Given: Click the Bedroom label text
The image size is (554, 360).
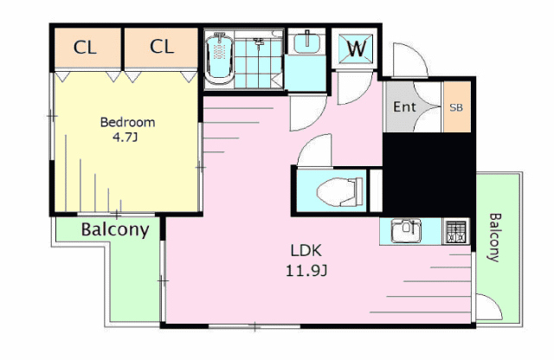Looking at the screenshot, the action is point(127,122).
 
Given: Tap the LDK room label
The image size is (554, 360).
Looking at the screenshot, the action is point(306,250).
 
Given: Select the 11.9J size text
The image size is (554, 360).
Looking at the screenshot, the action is point(306,271).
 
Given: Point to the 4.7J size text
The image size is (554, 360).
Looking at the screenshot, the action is point(125,138).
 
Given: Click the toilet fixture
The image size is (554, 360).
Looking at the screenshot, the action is point(339,191).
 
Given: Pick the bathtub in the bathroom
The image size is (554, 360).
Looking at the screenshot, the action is point(219,59).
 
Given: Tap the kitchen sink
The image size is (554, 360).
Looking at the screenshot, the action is point(406,231).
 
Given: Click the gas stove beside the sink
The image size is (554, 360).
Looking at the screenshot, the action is point(456,231).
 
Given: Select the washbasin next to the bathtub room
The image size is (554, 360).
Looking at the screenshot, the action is point(306,42).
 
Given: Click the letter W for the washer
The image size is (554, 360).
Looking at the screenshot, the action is point(356,48).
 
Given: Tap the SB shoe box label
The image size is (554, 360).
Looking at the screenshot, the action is point(456,107).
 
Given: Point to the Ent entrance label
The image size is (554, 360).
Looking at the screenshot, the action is point(404,106).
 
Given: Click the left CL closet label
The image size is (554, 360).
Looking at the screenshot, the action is point(85,47).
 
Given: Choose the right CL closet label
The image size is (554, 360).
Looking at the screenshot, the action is point(162,46).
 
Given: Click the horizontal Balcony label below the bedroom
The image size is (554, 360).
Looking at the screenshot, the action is point(115,230).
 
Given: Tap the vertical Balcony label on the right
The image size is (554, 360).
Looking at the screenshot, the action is point(495,237).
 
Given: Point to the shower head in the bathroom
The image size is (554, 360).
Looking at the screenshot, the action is point(259,42).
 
